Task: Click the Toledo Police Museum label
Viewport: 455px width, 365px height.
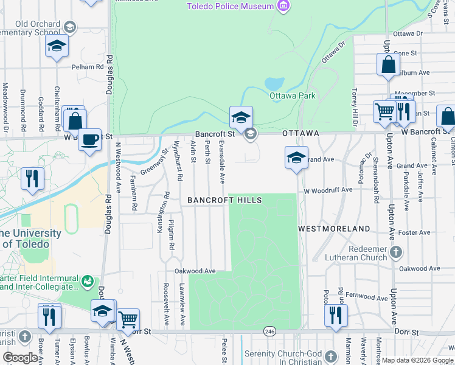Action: [230, 7]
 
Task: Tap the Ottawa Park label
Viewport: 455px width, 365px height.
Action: [293, 96]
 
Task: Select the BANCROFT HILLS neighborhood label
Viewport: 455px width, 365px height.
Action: [224, 200]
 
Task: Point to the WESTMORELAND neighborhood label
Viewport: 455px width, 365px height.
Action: [334, 229]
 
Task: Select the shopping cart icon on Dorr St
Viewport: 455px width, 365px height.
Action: [128, 318]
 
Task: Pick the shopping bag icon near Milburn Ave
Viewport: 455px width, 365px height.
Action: [388, 64]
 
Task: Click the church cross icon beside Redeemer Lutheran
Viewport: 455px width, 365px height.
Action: [396, 251]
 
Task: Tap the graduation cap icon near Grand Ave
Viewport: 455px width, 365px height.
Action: [296, 158]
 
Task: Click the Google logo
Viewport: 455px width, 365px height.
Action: [19, 358]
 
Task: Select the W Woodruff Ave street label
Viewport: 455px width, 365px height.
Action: [328, 190]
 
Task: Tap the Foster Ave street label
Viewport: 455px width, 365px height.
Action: [414, 232]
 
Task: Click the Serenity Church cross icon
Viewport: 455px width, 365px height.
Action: [330, 356]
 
